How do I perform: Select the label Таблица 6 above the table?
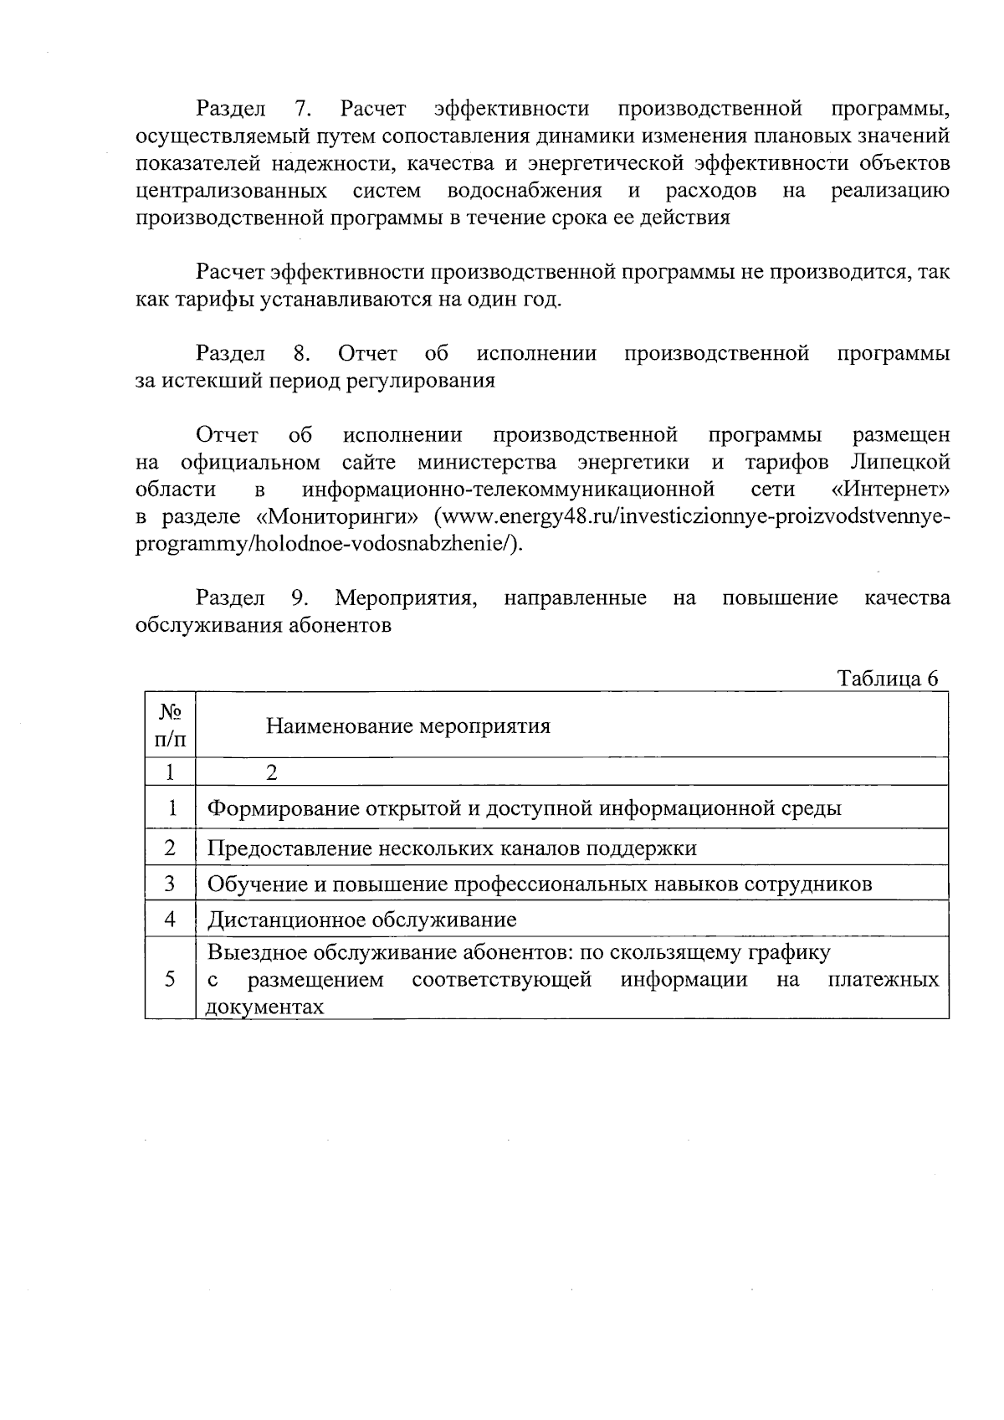coord(888,679)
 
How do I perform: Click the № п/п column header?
coord(170,725)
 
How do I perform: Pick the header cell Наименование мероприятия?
coord(408,725)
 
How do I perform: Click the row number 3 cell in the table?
coord(170,884)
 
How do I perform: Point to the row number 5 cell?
coord(170,979)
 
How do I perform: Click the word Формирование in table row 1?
coord(279,808)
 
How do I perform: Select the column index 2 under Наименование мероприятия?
coord(271,772)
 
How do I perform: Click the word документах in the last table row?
coord(264,1007)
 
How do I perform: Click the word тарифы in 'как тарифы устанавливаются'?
coord(204,300)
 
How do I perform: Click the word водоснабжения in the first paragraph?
coord(525,191)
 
